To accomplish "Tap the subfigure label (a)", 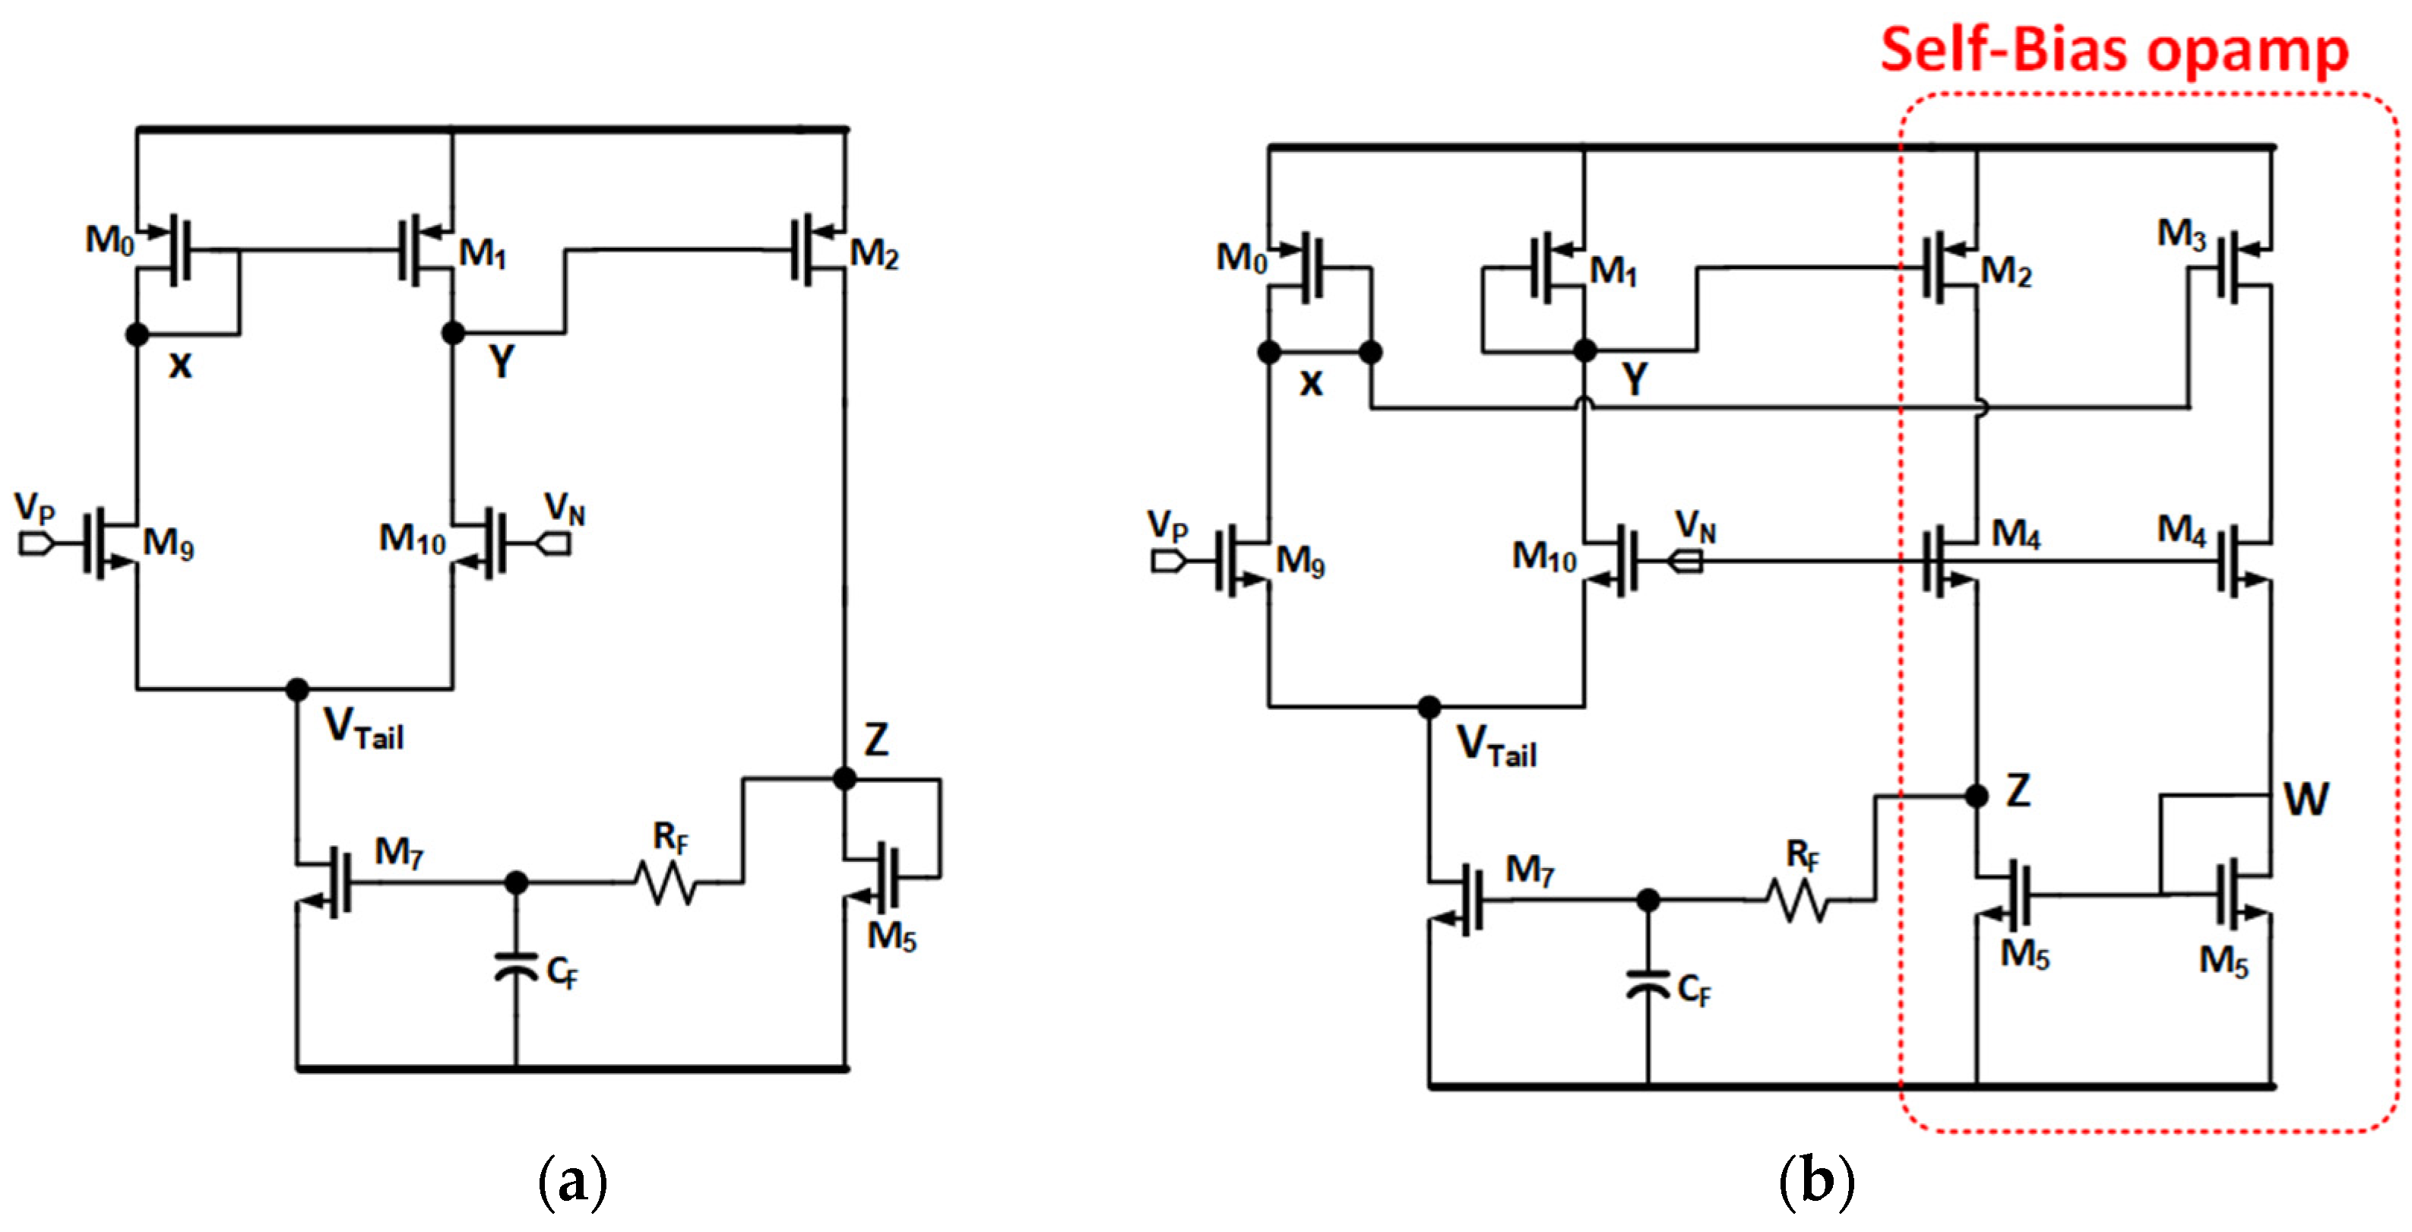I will coord(573,1181).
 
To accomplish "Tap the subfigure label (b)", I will coord(1815,1181).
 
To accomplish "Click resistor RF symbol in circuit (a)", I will coord(666,882).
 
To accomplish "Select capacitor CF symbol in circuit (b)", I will coord(1648,985).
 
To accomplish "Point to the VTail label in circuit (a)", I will coord(363,728).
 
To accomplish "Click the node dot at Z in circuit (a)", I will coord(844,778).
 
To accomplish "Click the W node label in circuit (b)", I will coord(2306,800).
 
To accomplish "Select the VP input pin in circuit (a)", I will coord(36,543).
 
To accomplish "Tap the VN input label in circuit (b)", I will coord(1695,526).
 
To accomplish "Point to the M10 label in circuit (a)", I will coord(412,539).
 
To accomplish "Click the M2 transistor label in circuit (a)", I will coord(874,254).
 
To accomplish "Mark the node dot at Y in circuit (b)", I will coord(1584,351).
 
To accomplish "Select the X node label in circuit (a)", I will coord(180,365).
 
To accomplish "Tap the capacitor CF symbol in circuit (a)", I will coord(516,966).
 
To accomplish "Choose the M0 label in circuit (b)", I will coord(1241,258).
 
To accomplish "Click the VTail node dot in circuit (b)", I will coord(1429,707).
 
